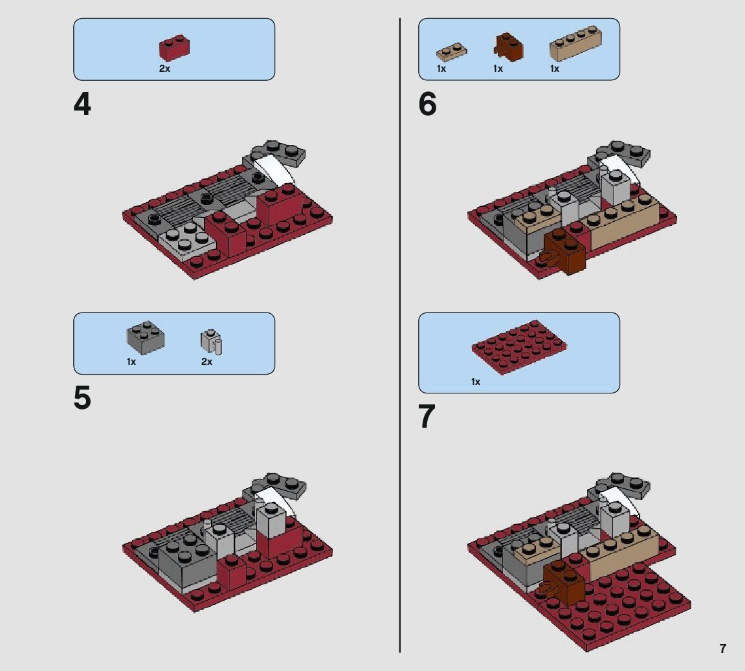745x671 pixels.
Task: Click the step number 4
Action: (x=82, y=104)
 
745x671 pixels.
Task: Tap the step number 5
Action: (x=82, y=398)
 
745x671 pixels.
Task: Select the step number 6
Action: (x=427, y=104)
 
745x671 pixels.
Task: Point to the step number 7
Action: (x=427, y=417)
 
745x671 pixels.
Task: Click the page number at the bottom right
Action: (x=722, y=648)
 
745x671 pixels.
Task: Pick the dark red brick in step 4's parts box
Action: (x=174, y=47)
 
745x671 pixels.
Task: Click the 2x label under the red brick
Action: (x=164, y=69)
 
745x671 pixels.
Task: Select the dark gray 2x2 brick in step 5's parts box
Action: (x=146, y=336)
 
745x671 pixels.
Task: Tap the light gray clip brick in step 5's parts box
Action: (x=212, y=342)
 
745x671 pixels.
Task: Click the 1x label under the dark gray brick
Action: (x=131, y=362)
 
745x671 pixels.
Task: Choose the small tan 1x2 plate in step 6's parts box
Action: (x=452, y=52)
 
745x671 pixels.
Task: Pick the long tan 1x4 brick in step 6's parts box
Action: (x=576, y=44)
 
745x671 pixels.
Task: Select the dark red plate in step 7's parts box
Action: (x=519, y=347)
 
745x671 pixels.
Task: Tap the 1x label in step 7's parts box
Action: (x=476, y=382)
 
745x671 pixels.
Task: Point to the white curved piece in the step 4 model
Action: (x=274, y=170)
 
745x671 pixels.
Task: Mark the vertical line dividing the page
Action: (x=400, y=335)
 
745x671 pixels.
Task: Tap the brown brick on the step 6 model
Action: (x=564, y=252)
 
